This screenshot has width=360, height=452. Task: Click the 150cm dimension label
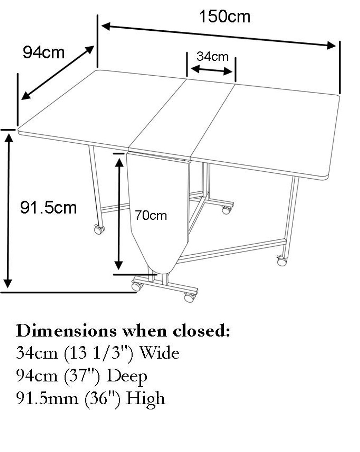[225, 16]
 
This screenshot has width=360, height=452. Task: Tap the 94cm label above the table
[44, 53]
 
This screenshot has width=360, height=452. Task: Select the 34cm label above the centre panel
[212, 56]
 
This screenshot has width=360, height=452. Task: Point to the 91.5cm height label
[48, 207]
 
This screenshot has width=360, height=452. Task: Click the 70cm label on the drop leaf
[151, 215]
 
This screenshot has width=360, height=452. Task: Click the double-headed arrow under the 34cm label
[211, 70]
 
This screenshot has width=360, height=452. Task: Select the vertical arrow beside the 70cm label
[119, 212]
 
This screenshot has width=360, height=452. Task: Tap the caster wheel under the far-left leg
[98, 230]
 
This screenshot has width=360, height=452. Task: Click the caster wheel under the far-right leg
[282, 261]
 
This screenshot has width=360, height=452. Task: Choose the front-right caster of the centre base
[190, 297]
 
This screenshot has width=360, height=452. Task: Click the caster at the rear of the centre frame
[226, 210]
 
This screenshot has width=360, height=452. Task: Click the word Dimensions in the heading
[66, 331]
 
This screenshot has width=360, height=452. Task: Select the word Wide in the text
[160, 353]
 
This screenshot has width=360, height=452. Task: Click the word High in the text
[145, 398]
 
